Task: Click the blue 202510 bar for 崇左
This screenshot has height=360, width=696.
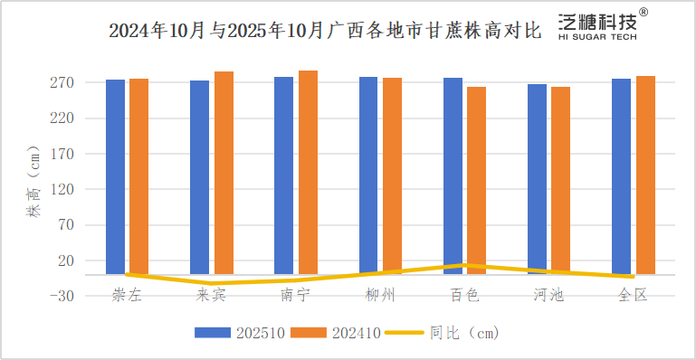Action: point(115,176)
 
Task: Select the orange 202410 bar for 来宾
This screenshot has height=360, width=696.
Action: point(224,172)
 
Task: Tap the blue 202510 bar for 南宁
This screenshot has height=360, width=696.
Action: point(283,175)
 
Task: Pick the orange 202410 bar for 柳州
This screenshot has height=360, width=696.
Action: point(392,175)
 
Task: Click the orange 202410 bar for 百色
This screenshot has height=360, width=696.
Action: point(476,180)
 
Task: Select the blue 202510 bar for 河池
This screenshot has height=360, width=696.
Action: point(537,179)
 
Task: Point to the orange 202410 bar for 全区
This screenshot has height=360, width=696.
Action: point(645,175)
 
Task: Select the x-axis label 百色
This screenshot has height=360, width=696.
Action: point(464,296)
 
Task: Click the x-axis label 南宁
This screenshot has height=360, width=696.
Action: point(295,296)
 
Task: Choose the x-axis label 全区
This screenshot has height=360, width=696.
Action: point(633,296)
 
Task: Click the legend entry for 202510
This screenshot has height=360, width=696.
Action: point(240,333)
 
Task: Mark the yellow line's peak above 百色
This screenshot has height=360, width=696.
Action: point(464,265)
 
